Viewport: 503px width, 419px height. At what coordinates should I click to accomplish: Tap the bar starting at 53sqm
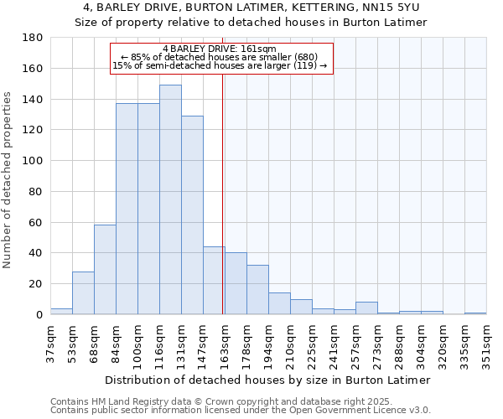(x=83, y=292)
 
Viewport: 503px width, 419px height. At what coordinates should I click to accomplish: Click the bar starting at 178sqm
(x=257, y=289)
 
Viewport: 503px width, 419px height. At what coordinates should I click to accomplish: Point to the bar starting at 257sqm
(x=366, y=308)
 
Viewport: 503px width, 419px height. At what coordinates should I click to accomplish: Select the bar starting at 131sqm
(x=192, y=215)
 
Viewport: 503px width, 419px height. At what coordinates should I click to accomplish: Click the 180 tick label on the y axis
(x=33, y=38)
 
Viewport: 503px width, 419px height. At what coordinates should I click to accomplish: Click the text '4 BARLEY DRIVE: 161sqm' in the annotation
(x=220, y=49)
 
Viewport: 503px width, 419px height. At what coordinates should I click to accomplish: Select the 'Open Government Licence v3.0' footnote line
(x=241, y=411)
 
